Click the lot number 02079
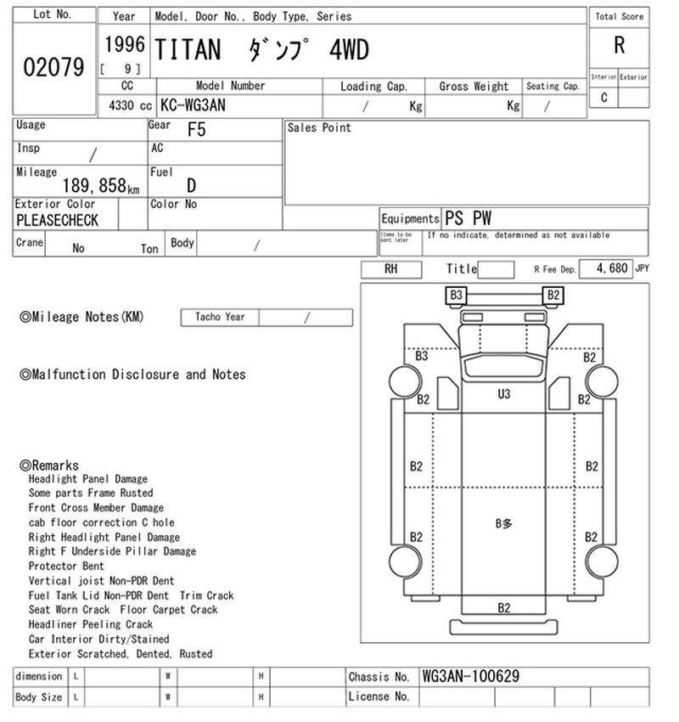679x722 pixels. click(53, 67)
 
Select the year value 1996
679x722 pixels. click(125, 45)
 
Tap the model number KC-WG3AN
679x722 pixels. click(193, 105)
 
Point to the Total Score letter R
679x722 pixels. click(620, 46)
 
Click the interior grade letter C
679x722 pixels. click(604, 98)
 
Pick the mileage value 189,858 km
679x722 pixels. click(101, 186)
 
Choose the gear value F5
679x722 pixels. click(196, 130)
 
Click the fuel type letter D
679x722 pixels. click(191, 185)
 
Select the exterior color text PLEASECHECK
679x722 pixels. click(57, 221)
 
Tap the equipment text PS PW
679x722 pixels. click(468, 217)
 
